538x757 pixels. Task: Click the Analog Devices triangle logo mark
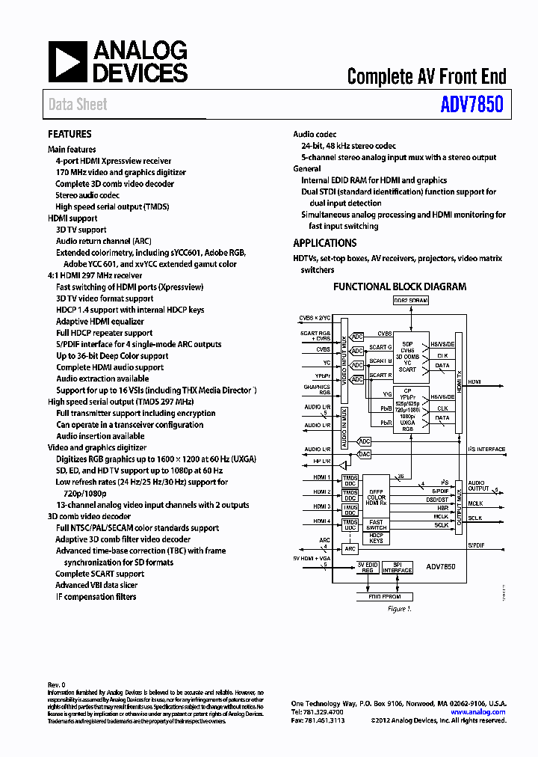68,62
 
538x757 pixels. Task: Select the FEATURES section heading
69,134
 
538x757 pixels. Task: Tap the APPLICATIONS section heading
324,243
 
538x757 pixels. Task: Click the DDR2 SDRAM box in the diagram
410,300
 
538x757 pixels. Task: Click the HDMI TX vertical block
458,381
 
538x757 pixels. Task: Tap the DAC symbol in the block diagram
364,453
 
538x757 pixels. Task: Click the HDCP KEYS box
376,537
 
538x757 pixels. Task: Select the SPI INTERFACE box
398,568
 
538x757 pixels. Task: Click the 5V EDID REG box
366,568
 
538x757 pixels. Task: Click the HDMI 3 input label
322,506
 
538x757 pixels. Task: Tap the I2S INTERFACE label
486,450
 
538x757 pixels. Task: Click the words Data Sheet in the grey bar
78,105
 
